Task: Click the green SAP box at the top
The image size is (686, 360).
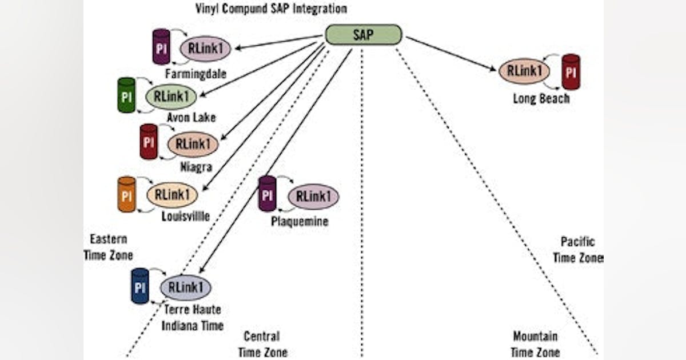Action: coord(364,34)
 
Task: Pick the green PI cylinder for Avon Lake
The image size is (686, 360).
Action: coord(126,95)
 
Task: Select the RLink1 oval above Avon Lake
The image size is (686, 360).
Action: coord(171,97)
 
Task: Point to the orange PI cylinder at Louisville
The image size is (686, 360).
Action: coord(127,195)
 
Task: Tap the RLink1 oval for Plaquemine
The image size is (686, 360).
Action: coord(313,197)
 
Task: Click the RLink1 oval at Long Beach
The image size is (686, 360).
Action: coord(524,71)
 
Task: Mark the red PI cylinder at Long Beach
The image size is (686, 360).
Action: coord(571,72)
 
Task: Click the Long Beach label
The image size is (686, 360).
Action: coord(541,98)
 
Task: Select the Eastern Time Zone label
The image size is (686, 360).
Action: coord(108,247)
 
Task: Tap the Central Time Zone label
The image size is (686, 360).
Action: coord(262,344)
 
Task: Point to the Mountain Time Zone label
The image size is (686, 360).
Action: coord(535,344)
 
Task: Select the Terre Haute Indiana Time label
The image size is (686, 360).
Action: coord(192,318)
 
